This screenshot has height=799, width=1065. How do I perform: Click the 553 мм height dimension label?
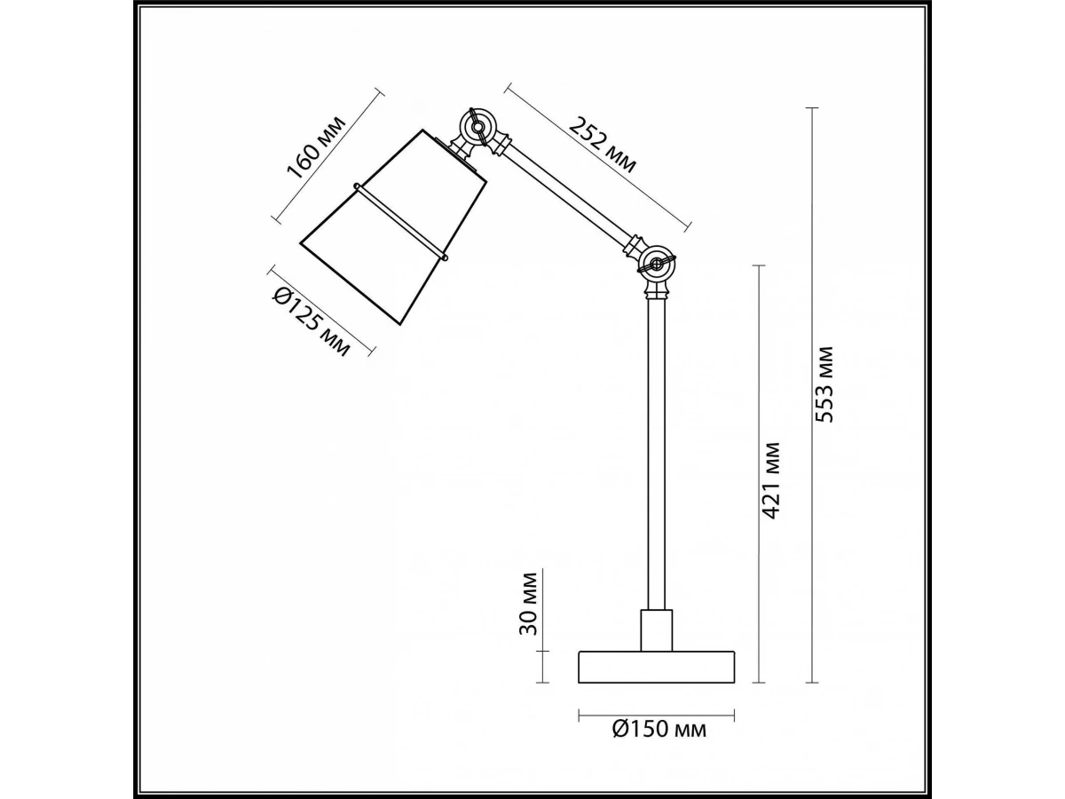coord(824,384)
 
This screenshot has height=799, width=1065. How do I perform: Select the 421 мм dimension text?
coord(770,480)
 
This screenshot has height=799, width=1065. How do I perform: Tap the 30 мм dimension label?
coord(528,604)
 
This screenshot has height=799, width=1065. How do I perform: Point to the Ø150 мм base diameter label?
coord(659,742)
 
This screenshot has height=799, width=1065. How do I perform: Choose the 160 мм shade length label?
coord(317,147)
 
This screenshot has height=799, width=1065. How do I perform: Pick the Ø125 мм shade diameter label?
coord(311,322)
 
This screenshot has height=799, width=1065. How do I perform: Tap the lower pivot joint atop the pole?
coord(656,265)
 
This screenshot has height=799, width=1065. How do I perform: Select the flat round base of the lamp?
coord(656,667)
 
